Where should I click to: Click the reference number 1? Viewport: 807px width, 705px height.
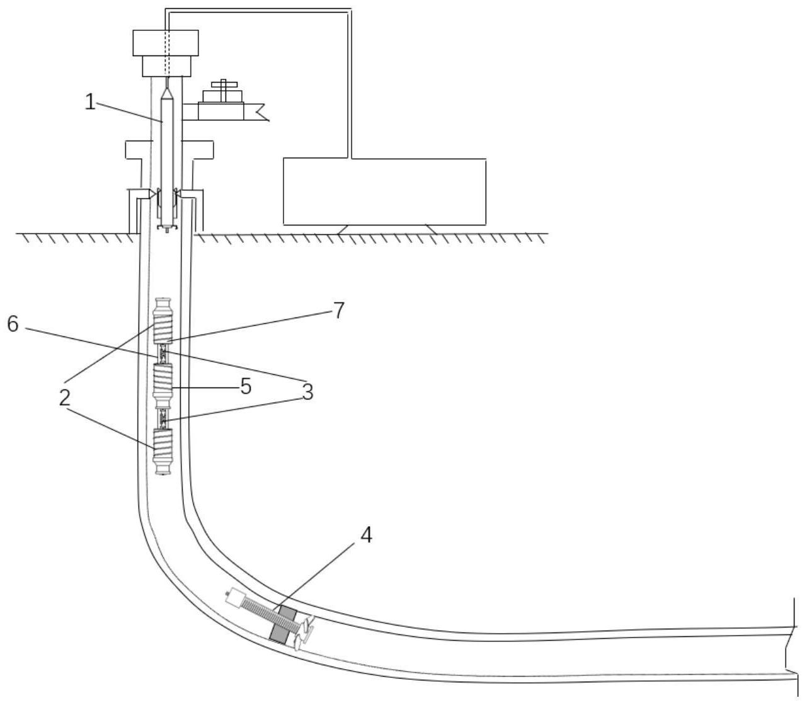(91, 102)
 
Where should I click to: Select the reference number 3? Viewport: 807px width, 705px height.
(307, 392)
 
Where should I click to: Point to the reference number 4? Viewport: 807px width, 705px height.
(366, 534)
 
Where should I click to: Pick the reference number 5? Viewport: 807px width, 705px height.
(246, 386)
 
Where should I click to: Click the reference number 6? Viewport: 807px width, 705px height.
(13, 324)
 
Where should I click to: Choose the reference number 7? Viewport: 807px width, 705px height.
(339, 310)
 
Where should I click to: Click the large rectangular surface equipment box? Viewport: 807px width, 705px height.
(384, 192)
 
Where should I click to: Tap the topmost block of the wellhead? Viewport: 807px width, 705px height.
(166, 43)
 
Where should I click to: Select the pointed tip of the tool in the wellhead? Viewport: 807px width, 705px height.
(167, 92)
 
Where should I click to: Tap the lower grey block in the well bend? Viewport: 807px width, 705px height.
(277, 633)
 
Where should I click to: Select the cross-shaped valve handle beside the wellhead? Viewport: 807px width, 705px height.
(222, 84)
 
